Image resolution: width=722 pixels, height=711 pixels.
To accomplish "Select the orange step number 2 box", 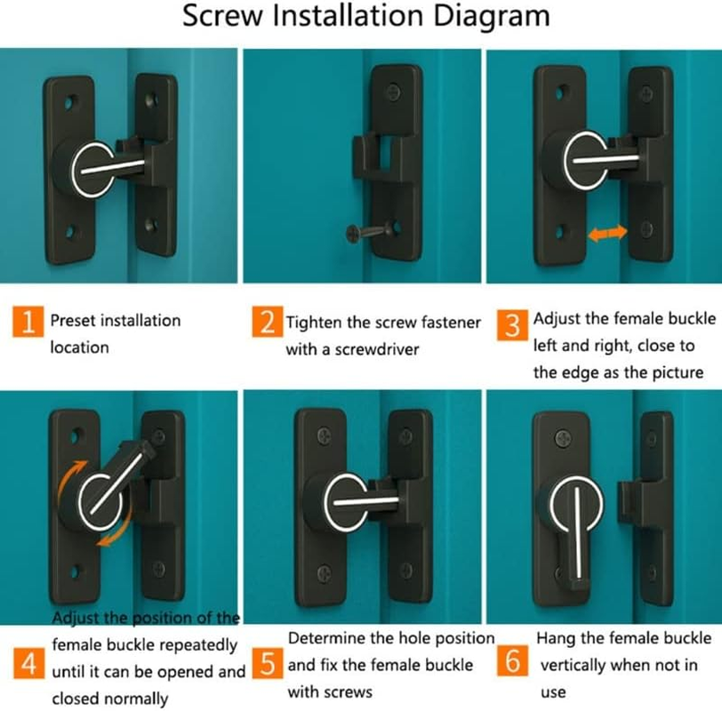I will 267,322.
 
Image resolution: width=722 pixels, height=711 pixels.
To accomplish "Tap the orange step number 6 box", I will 514,664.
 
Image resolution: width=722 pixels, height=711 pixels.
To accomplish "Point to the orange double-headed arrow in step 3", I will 608,233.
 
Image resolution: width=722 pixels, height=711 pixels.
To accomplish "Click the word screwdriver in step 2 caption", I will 373,349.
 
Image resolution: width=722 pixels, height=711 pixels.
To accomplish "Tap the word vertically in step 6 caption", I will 580,665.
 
